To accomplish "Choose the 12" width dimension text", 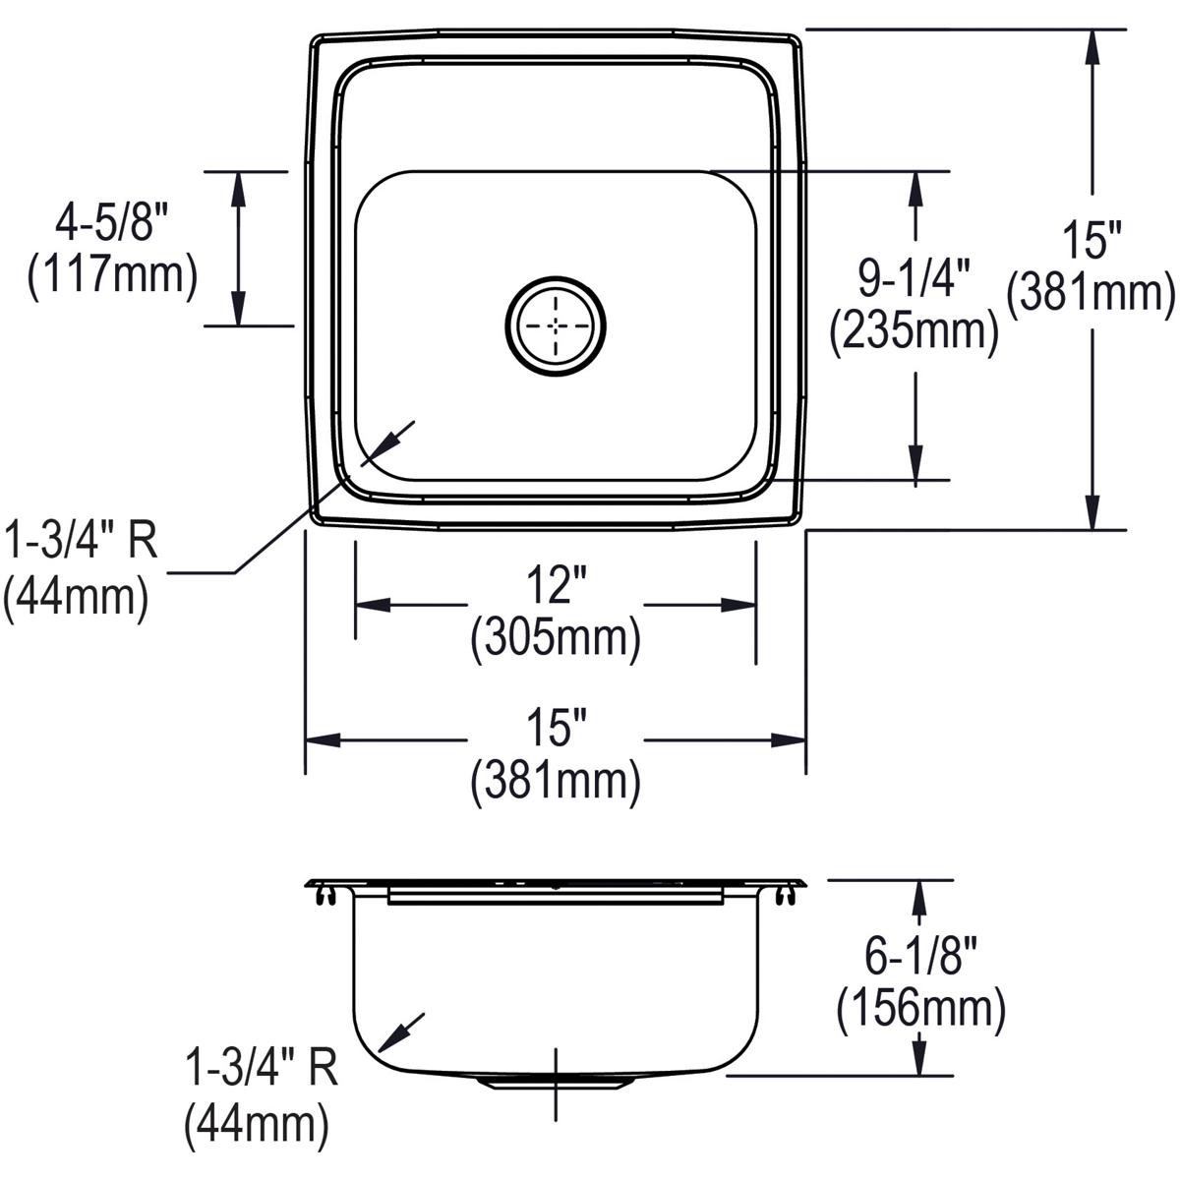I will tap(556, 588).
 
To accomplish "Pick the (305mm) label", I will tap(556, 640).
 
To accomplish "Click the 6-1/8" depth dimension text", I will tap(920, 955).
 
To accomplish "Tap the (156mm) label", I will tap(920, 1007).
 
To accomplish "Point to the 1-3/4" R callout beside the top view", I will tap(81, 541).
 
